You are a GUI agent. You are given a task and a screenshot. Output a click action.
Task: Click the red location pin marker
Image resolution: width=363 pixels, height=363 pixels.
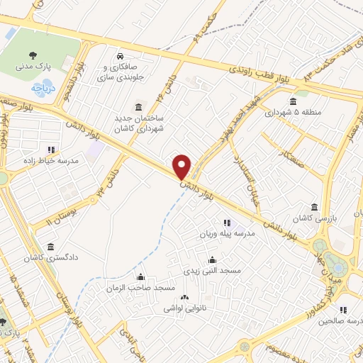coord(182,166)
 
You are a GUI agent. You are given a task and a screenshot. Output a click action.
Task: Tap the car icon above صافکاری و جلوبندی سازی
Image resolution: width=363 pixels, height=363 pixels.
coord(121,55)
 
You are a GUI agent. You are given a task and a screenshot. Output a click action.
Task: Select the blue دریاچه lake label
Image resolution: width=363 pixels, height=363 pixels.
coord(42,89)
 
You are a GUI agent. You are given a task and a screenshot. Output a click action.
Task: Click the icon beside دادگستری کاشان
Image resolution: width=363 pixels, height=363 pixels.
coord(50,247)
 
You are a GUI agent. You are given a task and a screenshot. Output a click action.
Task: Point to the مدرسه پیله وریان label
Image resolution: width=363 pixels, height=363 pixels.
coord(225,234)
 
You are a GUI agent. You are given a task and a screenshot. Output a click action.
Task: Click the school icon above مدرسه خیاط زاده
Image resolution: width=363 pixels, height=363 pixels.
coord(50,150)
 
